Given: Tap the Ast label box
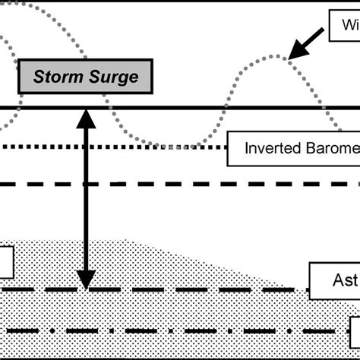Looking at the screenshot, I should (334, 280).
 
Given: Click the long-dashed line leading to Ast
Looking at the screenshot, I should (190, 289).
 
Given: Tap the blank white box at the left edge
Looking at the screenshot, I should (6, 263).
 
